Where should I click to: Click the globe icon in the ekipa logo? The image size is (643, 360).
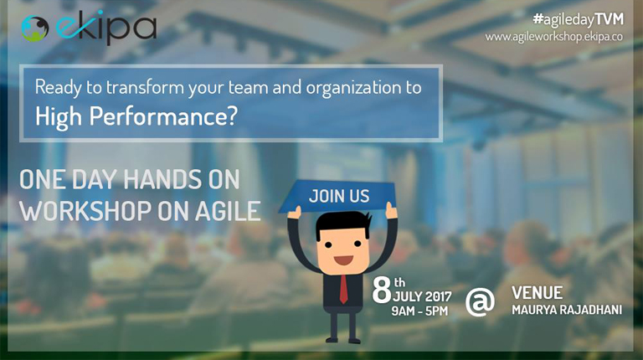pyautogui.click(x=35, y=28)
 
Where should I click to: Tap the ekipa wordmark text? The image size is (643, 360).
pyautogui.click(x=105, y=28)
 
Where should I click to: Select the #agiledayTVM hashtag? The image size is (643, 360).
pyautogui.click(x=579, y=19)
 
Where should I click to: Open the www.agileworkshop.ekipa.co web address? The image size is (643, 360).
pyautogui.click(x=554, y=37)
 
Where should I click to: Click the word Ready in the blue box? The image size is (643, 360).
pyautogui.click(x=59, y=88)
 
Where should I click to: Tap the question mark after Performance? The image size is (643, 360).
pyautogui.click(x=231, y=116)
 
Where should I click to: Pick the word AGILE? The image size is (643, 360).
pyautogui.click(x=228, y=211)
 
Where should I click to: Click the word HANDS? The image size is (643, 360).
pyautogui.click(x=162, y=180)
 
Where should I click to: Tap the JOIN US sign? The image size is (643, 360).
pyautogui.click(x=337, y=196)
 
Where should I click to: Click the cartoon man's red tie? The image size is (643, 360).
pyautogui.click(x=343, y=289)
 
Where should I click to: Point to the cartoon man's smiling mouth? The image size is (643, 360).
pyautogui.click(x=343, y=260)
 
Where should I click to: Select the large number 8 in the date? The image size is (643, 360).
pyautogui.click(x=382, y=290)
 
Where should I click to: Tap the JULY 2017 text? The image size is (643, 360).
pyautogui.click(x=422, y=296)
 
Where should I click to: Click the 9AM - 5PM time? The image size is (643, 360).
pyautogui.click(x=419, y=311)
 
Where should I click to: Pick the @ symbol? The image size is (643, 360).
pyautogui.click(x=480, y=301)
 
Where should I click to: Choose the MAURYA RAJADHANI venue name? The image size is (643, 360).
pyautogui.click(x=567, y=310)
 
